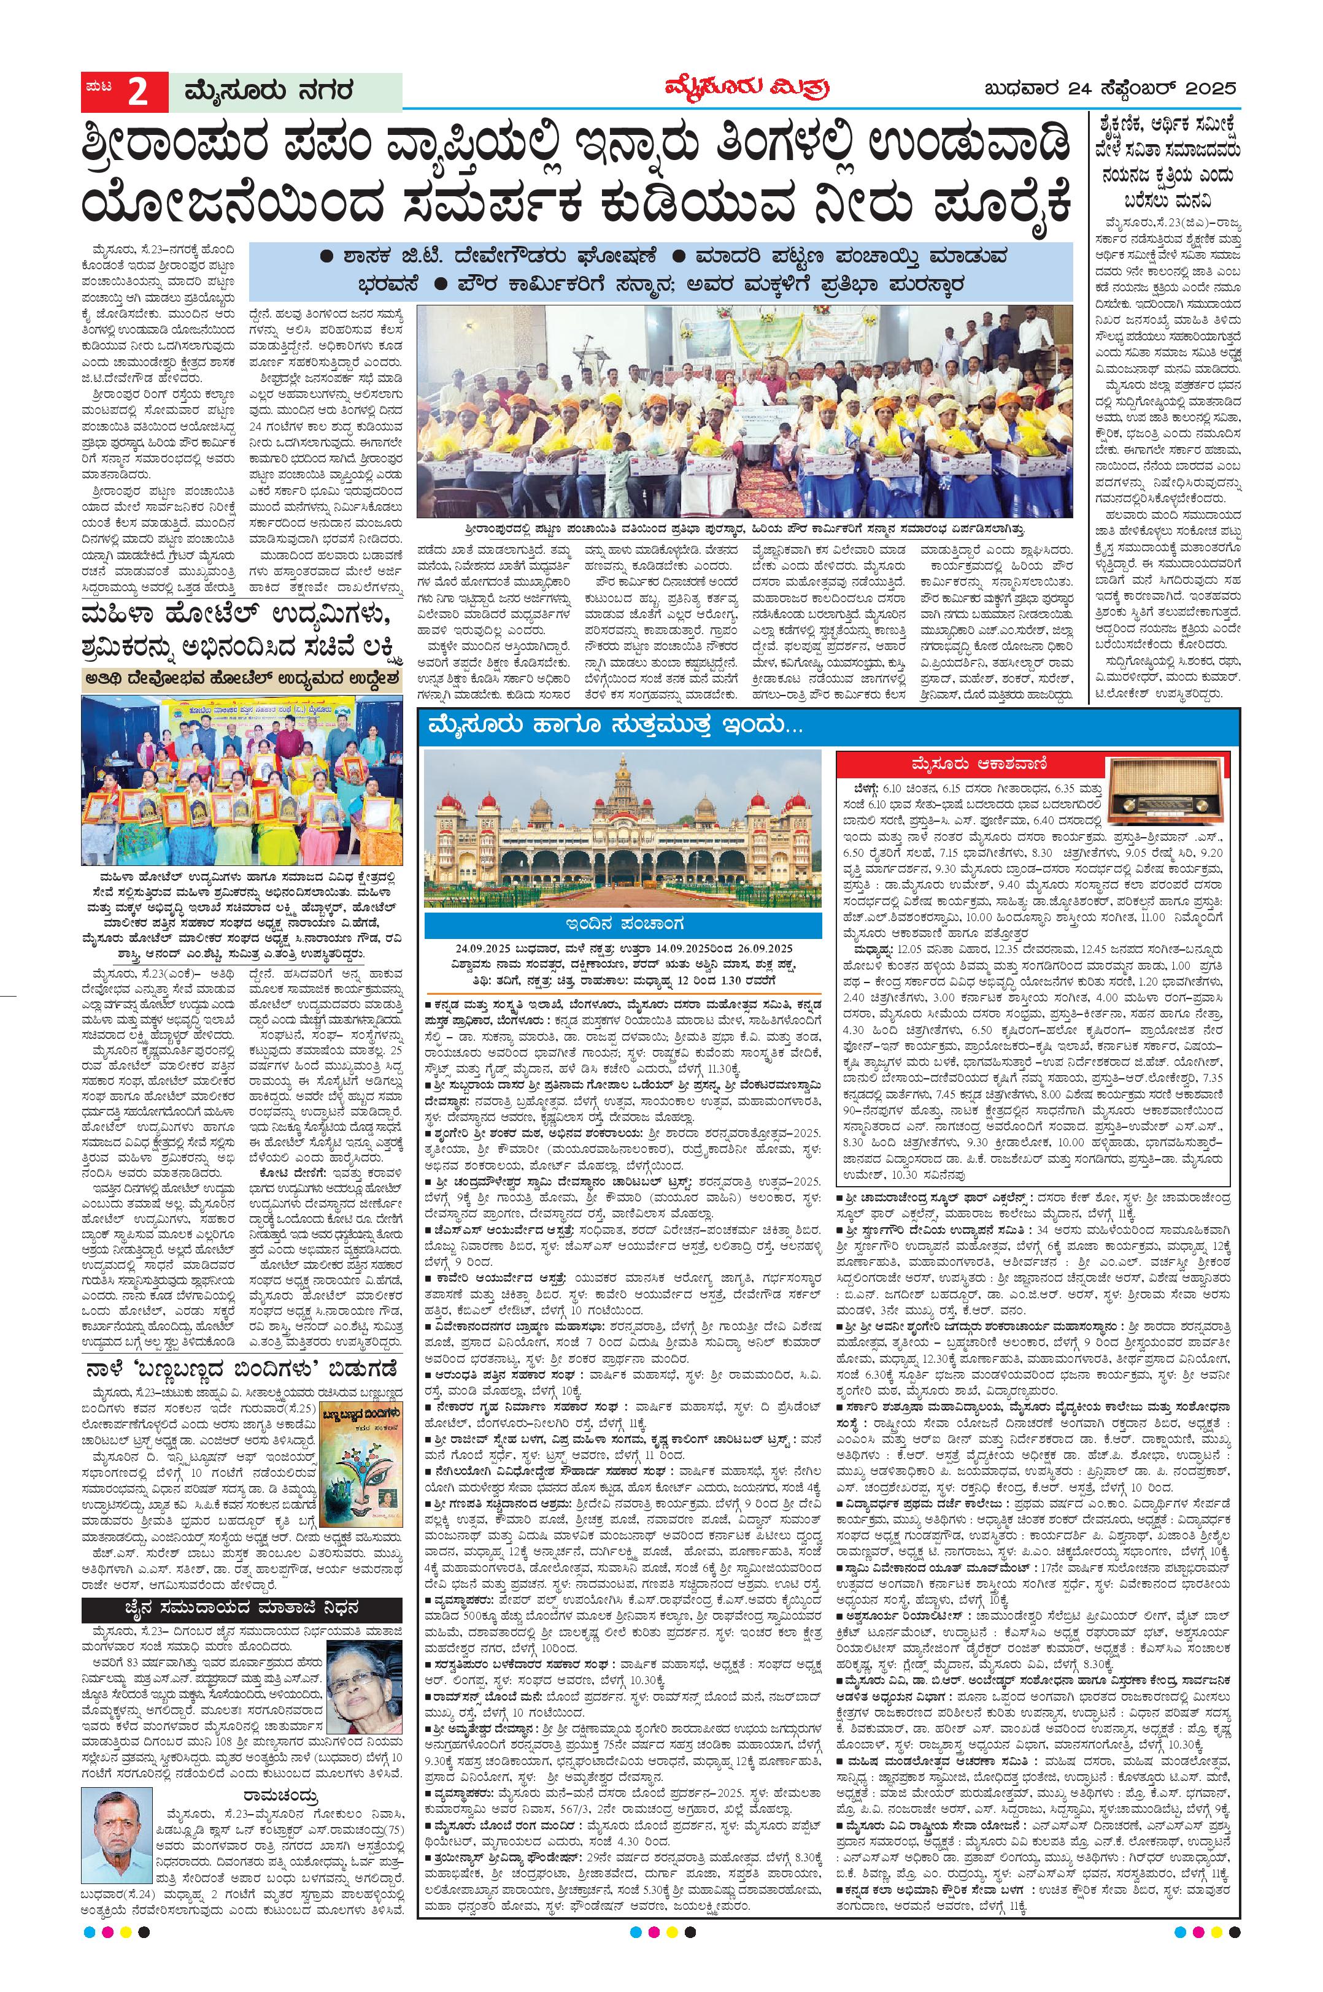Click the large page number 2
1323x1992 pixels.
(x=137, y=92)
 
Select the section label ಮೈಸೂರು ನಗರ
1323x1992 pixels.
(x=261, y=92)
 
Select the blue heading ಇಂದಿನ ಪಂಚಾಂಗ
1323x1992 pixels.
(x=622, y=924)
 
